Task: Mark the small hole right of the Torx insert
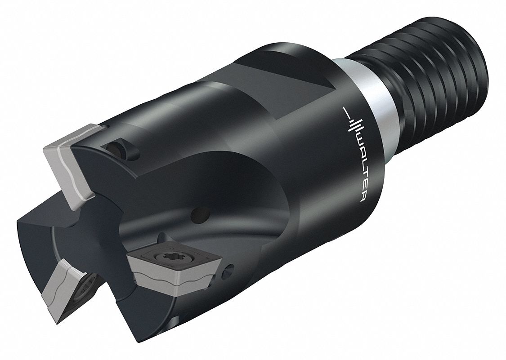[x=230, y=269]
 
